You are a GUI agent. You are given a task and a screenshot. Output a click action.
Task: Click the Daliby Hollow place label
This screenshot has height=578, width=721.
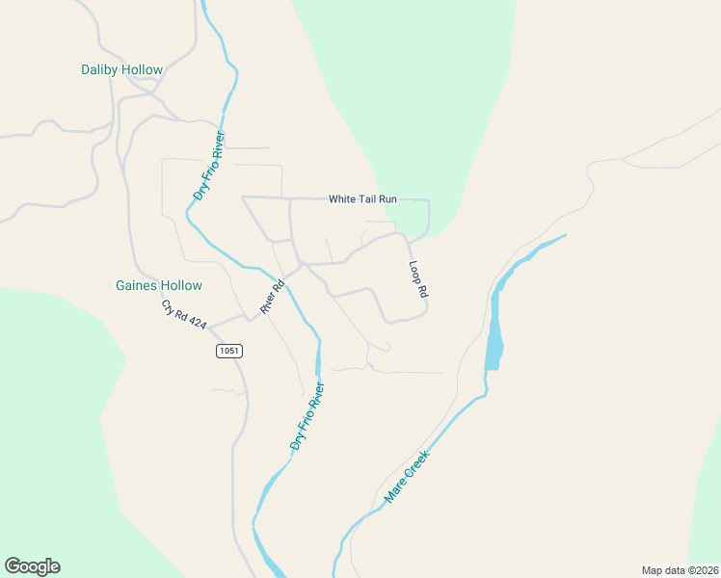pyautogui.click(x=121, y=70)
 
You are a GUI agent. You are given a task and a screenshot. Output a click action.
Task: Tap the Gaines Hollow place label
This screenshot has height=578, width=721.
pyautogui.click(x=159, y=285)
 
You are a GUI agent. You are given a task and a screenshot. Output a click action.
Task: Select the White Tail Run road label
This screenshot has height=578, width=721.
pyautogui.click(x=362, y=199)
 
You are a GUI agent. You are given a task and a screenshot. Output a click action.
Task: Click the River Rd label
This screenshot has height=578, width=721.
pyautogui.click(x=273, y=298)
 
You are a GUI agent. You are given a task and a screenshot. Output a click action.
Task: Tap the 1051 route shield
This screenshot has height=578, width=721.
pyautogui.click(x=228, y=352)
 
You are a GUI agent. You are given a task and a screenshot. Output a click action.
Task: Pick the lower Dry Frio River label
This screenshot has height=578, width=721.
pyautogui.click(x=307, y=417)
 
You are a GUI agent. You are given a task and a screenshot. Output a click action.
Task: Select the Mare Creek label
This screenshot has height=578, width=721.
pyautogui.click(x=406, y=478)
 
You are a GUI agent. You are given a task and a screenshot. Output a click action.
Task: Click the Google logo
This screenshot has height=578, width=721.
pyautogui.click(x=32, y=566)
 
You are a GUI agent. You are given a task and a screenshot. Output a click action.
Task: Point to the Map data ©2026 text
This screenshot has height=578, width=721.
pyautogui.click(x=680, y=569)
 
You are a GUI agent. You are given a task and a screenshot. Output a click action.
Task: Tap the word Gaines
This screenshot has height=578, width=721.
pyautogui.click(x=137, y=285)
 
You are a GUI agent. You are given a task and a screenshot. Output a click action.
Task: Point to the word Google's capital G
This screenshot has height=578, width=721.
pyautogui.click(x=13, y=566)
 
